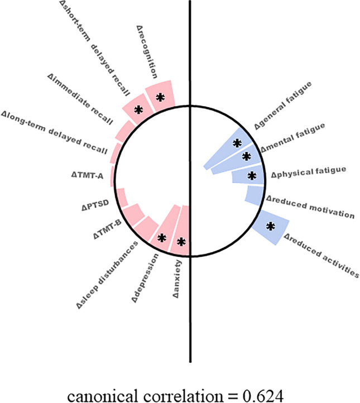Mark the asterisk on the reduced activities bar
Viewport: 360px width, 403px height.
pyautogui.click(x=271, y=226)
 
